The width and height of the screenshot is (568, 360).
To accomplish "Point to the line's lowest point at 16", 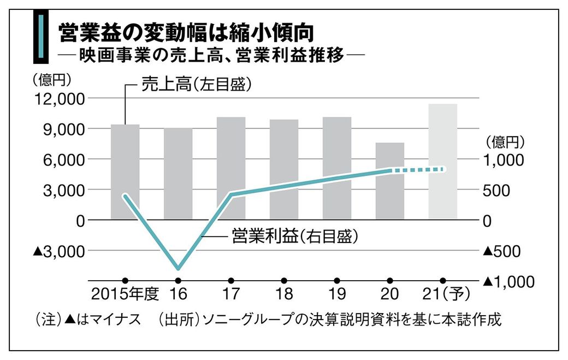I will point(178,268).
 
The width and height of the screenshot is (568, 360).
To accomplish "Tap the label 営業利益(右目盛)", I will point(295,236).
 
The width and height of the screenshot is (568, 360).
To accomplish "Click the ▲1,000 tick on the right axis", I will point(508,281).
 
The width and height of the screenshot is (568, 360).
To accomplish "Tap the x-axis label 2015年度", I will point(125,295).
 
